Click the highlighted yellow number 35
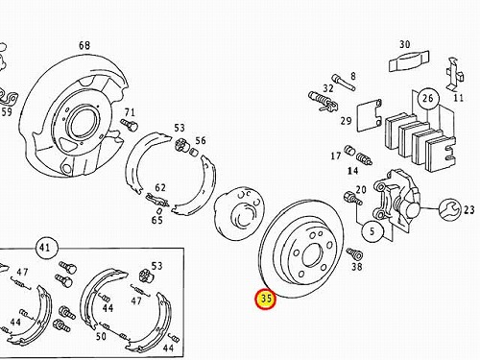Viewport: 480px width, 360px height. (x=266, y=299)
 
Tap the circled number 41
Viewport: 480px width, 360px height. (x=45, y=248)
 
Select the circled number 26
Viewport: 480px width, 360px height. (x=428, y=98)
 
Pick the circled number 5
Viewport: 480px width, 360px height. (x=372, y=231)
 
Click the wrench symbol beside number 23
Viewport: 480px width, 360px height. (x=449, y=209)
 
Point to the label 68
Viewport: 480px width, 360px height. (x=84, y=45)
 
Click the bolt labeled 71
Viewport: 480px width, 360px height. (x=130, y=125)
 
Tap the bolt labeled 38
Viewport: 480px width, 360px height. (x=354, y=253)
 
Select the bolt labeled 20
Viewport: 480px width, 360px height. (x=352, y=198)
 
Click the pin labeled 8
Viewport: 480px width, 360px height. (x=344, y=83)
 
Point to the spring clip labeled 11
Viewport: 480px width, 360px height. (x=454, y=74)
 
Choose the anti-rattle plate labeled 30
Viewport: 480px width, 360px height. (x=409, y=60)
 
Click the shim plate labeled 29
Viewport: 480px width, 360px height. (x=370, y=115)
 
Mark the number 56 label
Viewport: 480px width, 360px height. (x=201, y=140)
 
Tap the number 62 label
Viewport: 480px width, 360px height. (x=160, y=187)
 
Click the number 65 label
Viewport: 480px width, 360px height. (x=157, y=220)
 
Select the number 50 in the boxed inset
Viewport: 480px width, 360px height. (x=101, y=336)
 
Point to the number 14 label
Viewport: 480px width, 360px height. (x=352, y=171)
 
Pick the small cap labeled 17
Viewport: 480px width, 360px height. (x=349, y=150)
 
